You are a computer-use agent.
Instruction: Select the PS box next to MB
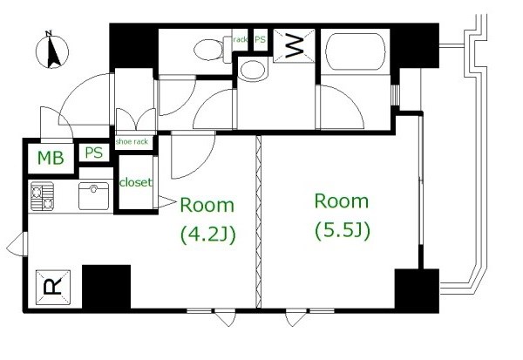tap(93, 153)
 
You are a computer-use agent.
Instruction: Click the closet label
tap(136, 183)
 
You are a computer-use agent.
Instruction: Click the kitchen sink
tap(93, 194)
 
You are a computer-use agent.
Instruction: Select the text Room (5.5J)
tap(341, 215)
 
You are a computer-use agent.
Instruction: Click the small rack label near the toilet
tap(236, 38)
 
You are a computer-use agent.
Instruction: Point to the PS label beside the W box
tap(259, 38)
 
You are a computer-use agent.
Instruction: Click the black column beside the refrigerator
tap(105, 287)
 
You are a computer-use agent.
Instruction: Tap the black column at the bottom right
tap(415, 289)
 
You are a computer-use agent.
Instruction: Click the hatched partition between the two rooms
tap(258, 222)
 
